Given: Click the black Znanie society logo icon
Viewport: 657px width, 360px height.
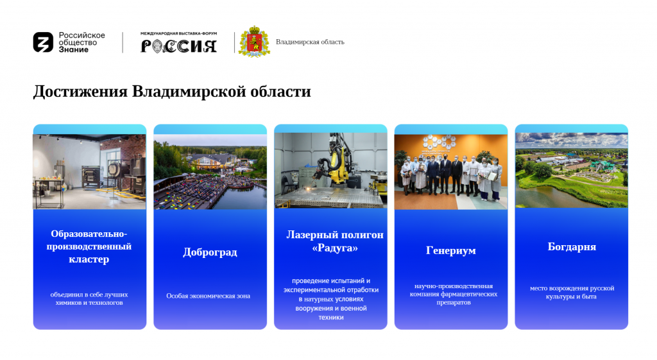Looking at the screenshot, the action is click(43, 42).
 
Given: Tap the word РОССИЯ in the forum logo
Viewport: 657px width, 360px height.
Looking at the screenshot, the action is click(178, 46).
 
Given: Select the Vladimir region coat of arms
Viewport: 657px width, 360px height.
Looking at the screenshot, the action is click(254, 42).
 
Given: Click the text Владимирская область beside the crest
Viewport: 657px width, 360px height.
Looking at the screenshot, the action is click(310, 42).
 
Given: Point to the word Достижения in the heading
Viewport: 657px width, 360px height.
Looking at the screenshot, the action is click(80, 92).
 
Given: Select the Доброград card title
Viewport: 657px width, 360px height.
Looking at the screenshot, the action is click(210, 252).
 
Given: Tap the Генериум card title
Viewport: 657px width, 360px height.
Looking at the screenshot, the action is click(451, 251).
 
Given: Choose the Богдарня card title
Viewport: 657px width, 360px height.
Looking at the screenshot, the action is click(572, 247).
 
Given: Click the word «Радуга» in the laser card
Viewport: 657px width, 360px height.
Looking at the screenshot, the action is click(335, 248).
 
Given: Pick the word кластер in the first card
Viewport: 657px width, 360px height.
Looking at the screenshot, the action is click(89, 259).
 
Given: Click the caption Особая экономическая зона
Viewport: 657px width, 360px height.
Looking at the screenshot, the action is click(209, 296).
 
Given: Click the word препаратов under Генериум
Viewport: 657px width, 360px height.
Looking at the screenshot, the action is click(454, 303).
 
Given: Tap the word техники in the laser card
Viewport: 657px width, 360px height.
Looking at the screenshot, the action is click(331, 318).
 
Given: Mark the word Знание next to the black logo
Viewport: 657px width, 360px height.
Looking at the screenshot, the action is click(73, 49).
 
